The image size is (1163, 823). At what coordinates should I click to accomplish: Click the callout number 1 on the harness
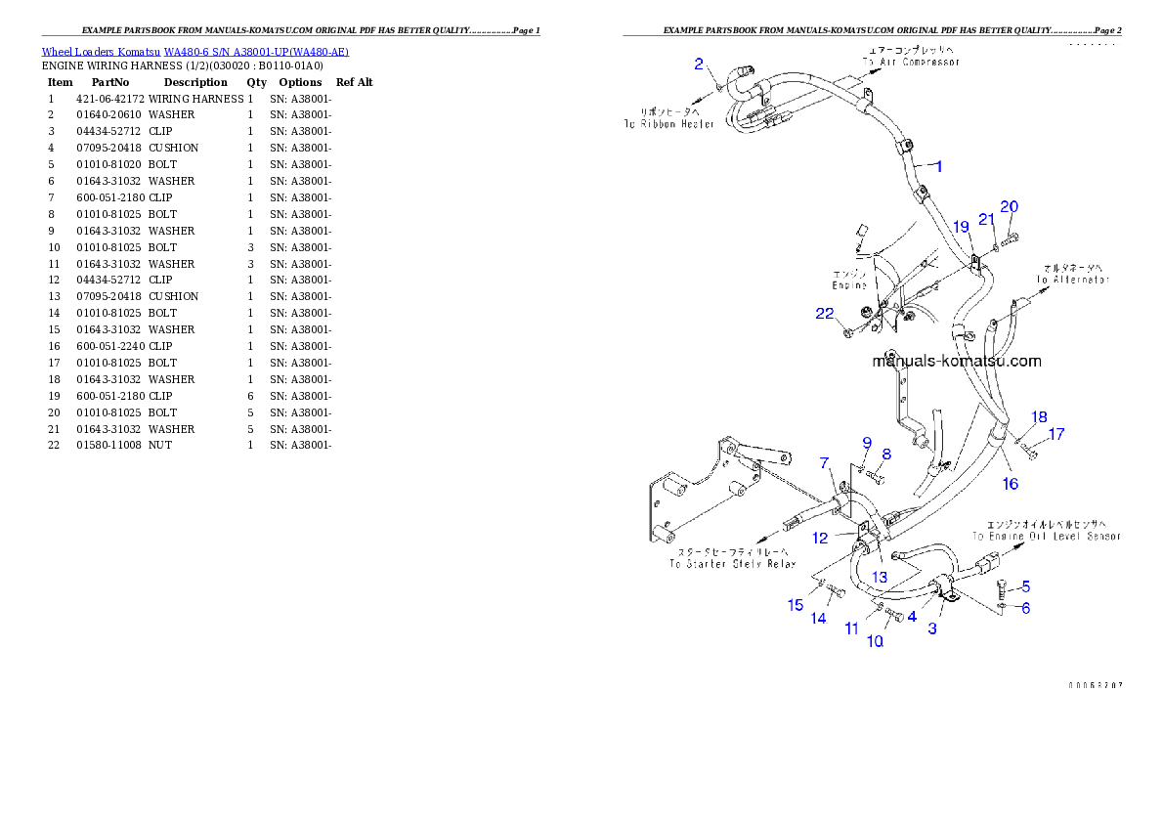click(x=938, y=167)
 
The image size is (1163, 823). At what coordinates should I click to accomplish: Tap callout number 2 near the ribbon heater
click(x=699, y=65)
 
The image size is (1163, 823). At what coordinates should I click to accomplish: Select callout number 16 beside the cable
click(x=1010, y=484)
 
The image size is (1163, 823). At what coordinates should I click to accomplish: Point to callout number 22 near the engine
click(x=826, y=314)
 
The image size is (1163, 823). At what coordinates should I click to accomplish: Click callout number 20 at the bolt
click(x=1009, y=207)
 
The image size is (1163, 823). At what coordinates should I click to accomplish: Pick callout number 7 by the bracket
click(x=824, y=462)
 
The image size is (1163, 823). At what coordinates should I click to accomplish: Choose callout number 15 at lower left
click(x=797, y=606)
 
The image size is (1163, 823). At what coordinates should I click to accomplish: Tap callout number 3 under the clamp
click(x=932, y=628)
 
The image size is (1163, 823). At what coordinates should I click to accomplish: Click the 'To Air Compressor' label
click(x=911, y=62)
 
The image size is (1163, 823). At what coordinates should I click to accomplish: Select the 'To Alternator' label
click(x=1073, y=280)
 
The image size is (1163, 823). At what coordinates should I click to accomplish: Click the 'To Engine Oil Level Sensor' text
click(x=1047, y=537)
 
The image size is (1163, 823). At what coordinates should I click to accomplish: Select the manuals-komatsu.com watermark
click(x=956, y=361)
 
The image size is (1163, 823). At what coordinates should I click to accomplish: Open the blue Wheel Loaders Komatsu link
click(x=194, y=51)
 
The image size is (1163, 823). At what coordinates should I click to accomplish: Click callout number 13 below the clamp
click(x=880, y=578)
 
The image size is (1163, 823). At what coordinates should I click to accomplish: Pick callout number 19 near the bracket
click(x=961, y=227)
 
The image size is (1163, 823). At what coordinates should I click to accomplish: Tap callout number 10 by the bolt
click(x=875, y=641)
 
